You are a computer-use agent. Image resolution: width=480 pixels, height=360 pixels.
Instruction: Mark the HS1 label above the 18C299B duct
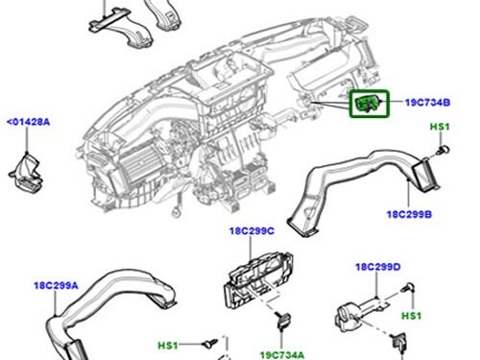click(x=439, y=128)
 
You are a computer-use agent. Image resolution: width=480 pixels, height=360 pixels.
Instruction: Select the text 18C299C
click(x=252, y=231)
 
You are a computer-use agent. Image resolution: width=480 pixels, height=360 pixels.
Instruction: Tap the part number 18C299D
click(x=377, y=267)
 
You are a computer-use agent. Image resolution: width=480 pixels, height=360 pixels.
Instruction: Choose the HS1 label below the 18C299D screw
click(x=410, y=316)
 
